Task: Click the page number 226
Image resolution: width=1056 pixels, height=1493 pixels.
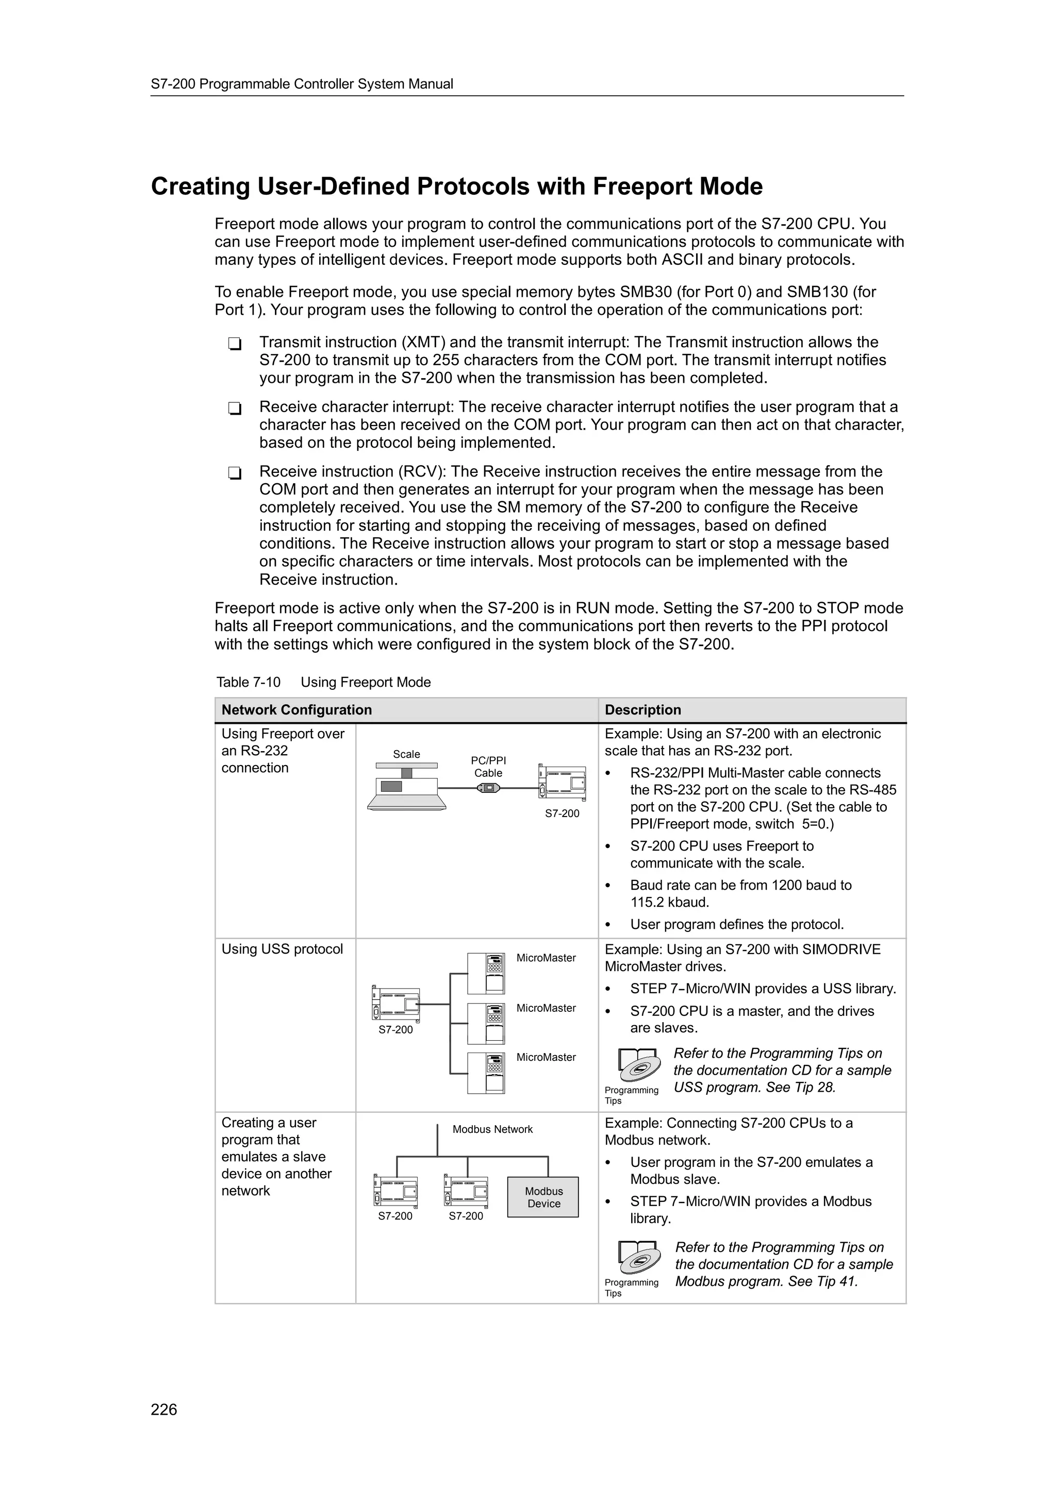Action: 163,1409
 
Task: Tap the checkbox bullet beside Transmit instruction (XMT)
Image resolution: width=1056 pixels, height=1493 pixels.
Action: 234,343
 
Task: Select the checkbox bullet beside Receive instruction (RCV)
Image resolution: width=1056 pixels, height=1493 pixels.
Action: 234,473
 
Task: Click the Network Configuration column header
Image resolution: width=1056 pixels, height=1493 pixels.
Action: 296,709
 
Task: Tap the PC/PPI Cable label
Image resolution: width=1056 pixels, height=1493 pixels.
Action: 488,767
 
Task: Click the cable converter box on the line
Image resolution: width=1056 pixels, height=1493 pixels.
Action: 488,788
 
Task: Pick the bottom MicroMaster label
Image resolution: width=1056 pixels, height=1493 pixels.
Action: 546,1057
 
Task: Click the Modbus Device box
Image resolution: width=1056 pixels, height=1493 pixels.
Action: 543,1197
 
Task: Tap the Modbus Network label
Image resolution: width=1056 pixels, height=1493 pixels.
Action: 492,1129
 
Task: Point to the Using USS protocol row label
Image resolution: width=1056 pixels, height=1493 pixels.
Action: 282,949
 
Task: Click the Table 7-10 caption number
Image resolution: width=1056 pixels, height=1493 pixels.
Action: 248,682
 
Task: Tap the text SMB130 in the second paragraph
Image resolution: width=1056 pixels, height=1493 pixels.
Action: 817,292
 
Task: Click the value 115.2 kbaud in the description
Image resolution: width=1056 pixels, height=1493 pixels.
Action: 669,902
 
